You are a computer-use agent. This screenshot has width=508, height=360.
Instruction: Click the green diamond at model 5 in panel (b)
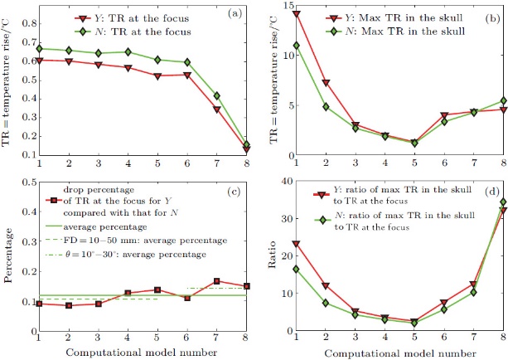(x=414, y=143)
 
